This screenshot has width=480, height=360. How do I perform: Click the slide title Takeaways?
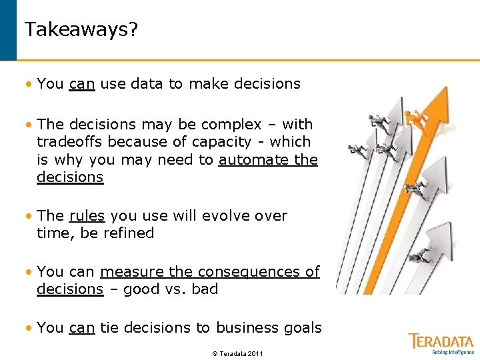[x=81, y=30]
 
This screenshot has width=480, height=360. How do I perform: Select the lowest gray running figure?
[x=419, y=256]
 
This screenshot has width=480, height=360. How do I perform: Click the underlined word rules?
[x=87, y=216]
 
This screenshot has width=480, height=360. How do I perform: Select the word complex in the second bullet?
[x=235, y=124]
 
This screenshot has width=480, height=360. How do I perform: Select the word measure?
[x=125, y=272]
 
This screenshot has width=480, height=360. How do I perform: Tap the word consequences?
[x=250, y=272]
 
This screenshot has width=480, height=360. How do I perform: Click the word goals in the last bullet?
[x=305, y=328]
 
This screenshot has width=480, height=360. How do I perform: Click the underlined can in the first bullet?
[x=81, y=84]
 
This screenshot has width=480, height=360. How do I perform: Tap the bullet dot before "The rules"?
[x=28, y=216]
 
